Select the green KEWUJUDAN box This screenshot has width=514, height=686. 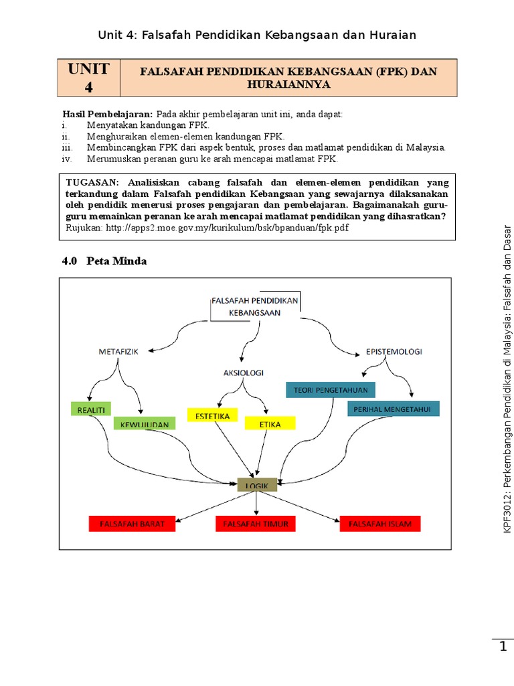coord(145,423)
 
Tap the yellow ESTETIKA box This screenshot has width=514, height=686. coord(212,415)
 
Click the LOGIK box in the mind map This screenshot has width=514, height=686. coord(258,484)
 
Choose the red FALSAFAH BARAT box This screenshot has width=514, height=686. coord(133,523)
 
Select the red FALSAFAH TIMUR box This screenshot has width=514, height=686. coord(256,523)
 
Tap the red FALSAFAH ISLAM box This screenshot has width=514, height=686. coord(380,523)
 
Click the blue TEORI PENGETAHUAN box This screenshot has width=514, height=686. coord(331,389)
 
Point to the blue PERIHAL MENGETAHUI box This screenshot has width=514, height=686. coord(394,409)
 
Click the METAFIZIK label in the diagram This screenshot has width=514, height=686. coord(118,351)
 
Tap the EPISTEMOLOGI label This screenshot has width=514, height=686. coord(394,351)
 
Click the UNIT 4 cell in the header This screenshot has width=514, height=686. coord(89,77)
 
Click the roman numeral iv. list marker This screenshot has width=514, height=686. coord(66,159)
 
